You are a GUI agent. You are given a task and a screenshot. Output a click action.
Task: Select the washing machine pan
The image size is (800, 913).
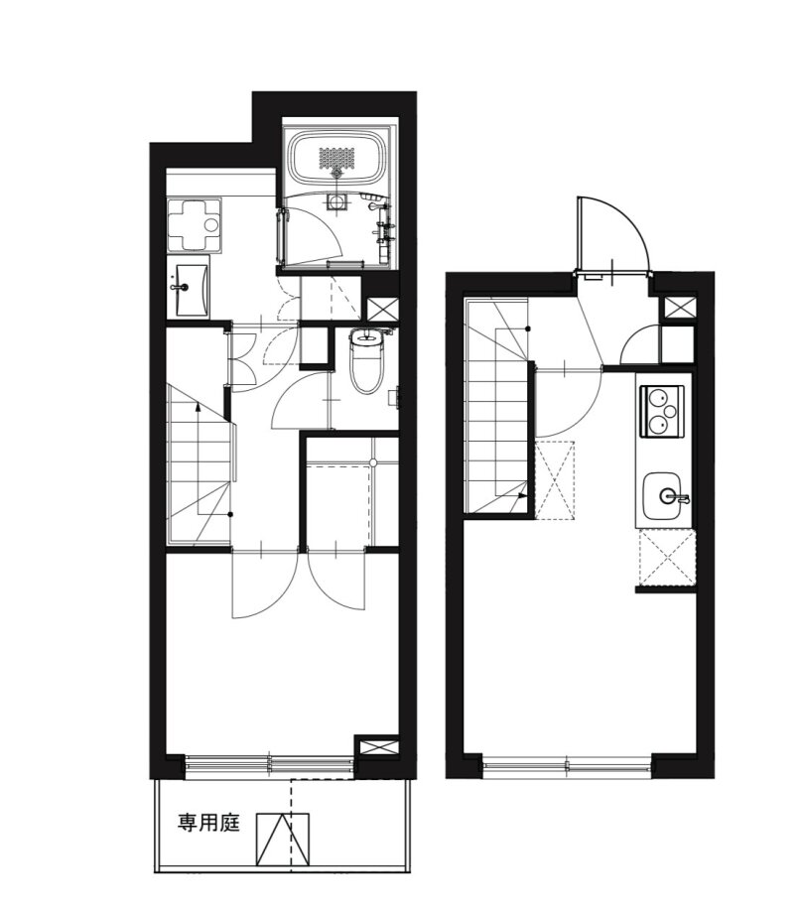coord(195,224)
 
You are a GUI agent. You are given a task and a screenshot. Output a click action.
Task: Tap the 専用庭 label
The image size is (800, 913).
coord(208,823)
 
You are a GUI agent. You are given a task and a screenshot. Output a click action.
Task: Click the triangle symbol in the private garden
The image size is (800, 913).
coord(283,839)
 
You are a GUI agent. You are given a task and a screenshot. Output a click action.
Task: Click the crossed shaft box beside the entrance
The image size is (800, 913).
coord(679,308)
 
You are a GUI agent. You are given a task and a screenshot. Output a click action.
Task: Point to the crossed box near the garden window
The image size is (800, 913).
coord(376,746)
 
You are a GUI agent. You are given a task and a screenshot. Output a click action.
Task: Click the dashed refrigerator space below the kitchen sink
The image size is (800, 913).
coord(667,557)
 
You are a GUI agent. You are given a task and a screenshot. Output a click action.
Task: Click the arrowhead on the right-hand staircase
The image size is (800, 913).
coord(522,496)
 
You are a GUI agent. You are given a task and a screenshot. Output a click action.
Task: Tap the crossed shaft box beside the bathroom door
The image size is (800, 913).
coord(382,309)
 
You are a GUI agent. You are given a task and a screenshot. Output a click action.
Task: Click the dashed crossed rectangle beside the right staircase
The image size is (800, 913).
coord(554,480)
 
